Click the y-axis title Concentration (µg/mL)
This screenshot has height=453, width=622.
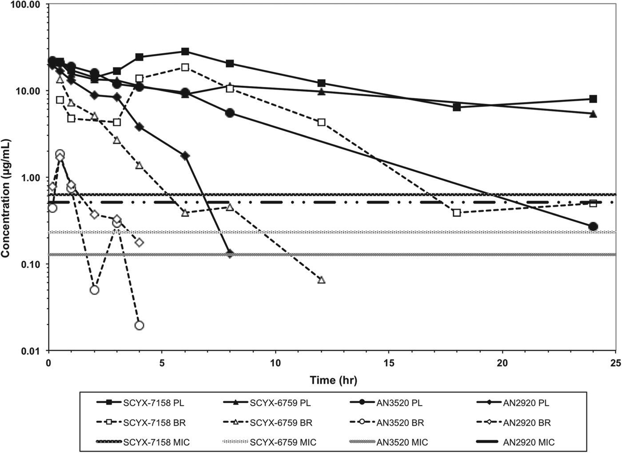6,198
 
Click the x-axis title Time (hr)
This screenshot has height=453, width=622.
333,380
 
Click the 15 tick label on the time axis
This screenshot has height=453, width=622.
389,362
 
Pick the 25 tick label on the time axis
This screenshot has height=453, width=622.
615,362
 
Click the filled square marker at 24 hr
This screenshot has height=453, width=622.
593,99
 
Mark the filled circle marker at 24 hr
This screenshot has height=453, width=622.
593,227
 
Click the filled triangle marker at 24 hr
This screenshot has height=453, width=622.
593,114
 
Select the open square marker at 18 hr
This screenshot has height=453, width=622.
457,213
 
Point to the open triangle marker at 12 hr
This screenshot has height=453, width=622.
321,280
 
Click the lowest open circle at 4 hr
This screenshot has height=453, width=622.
139,325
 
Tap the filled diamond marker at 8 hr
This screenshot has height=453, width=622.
230,254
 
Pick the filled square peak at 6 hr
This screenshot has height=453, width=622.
185,51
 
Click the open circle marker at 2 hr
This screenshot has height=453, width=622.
94,290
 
